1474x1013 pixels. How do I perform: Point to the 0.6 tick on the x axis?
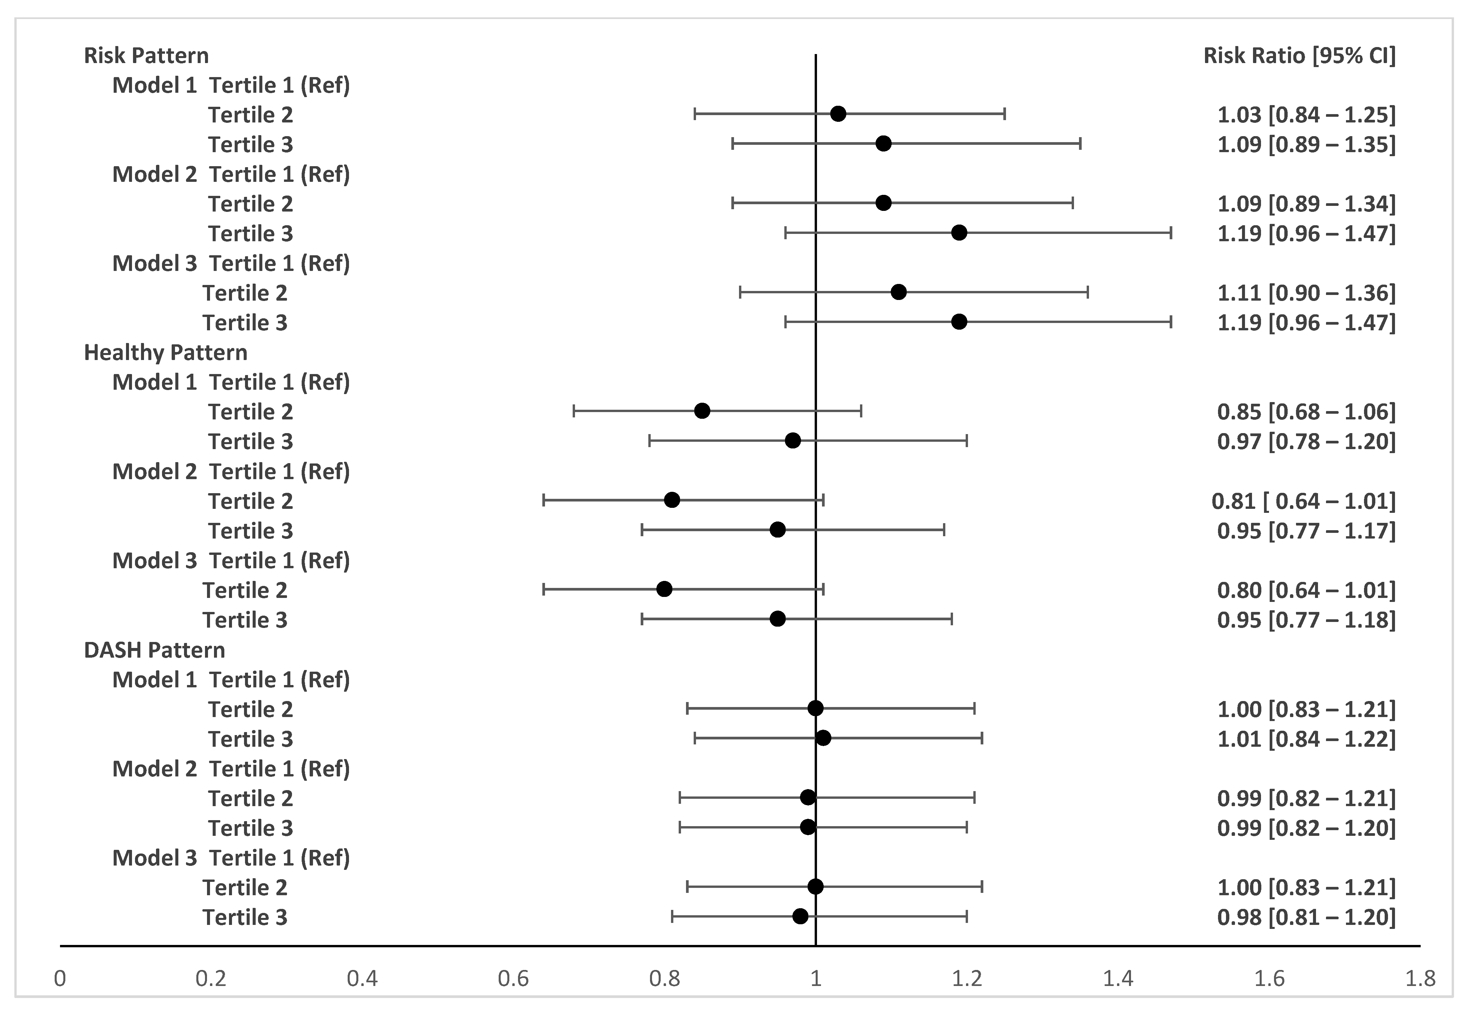pyautogui.click(x=513, y=978)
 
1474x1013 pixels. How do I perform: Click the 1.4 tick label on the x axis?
pyautogui.click(x=1118, y=978)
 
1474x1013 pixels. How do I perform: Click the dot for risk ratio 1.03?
pyautogui.click(x=838, y=114)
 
